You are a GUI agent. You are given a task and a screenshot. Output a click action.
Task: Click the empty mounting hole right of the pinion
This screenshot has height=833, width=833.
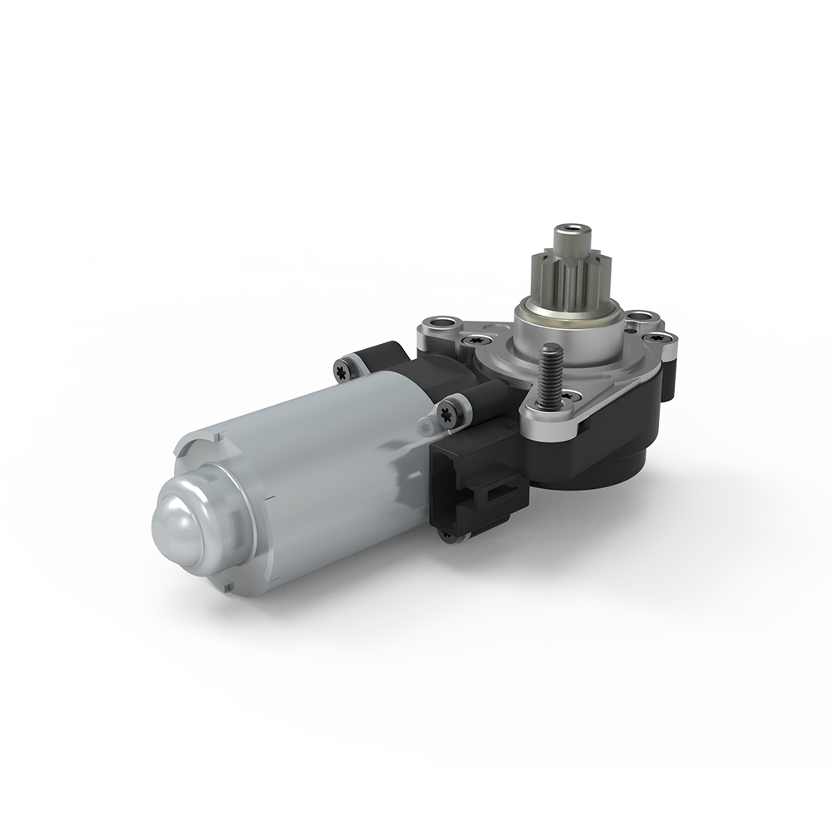(x=640, y=317)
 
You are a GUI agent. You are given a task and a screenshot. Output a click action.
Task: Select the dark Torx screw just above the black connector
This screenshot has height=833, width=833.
(x=447, y=411)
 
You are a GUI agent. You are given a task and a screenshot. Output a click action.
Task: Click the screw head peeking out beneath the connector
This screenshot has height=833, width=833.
(x=447, y=536)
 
